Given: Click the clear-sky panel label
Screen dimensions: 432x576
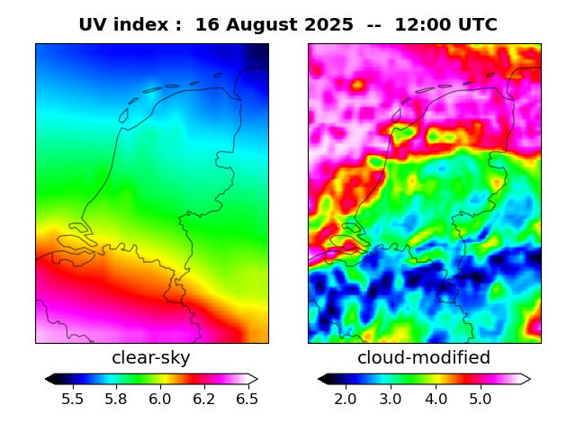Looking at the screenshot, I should (x=151, y=357).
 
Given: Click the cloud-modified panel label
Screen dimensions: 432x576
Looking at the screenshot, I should (x=424, y=357).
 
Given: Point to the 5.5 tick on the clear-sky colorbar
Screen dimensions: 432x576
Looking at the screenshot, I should (x=73, y=399).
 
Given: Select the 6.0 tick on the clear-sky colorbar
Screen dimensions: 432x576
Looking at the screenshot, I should (x=160, y=399).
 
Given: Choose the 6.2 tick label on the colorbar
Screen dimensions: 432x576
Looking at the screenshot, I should (x=204, y=399).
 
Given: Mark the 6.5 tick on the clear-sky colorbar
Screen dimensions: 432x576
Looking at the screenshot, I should (x=247, y=399).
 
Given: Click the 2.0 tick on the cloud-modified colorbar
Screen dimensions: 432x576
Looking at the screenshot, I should (x=346, y=399).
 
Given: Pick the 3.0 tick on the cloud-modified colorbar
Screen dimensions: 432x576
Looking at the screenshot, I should (x=390, y=399).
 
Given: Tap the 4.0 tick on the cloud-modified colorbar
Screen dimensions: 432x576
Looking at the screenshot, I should (x=436, y=399).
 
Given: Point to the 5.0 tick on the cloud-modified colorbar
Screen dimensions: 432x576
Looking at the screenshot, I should (x=481, y=399).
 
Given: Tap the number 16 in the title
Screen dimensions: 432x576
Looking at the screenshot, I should (x=206, y=25).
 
